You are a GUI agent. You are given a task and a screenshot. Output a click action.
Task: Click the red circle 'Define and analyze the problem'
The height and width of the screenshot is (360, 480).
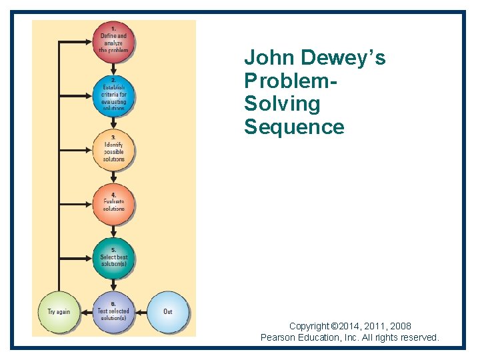pos(113,41)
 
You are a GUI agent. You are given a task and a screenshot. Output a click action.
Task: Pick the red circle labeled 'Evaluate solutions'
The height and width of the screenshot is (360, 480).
pos(113,203)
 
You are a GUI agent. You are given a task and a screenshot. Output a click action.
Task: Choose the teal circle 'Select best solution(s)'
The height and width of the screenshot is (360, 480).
pos(113,257)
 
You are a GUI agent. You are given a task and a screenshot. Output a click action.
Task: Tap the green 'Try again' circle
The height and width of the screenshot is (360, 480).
pos(59,311)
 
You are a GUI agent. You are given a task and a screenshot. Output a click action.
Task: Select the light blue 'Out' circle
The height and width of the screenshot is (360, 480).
pos(168,311)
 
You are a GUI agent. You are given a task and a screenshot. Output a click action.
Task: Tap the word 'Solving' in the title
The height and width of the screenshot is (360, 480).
pos(282,104)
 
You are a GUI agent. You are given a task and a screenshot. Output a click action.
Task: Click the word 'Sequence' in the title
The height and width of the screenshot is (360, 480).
pos(294,127)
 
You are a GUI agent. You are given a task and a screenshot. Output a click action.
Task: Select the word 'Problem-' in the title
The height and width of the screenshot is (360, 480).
pos(290,81)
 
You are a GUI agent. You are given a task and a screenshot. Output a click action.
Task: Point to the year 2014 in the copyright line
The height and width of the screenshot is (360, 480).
pos(356,326)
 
